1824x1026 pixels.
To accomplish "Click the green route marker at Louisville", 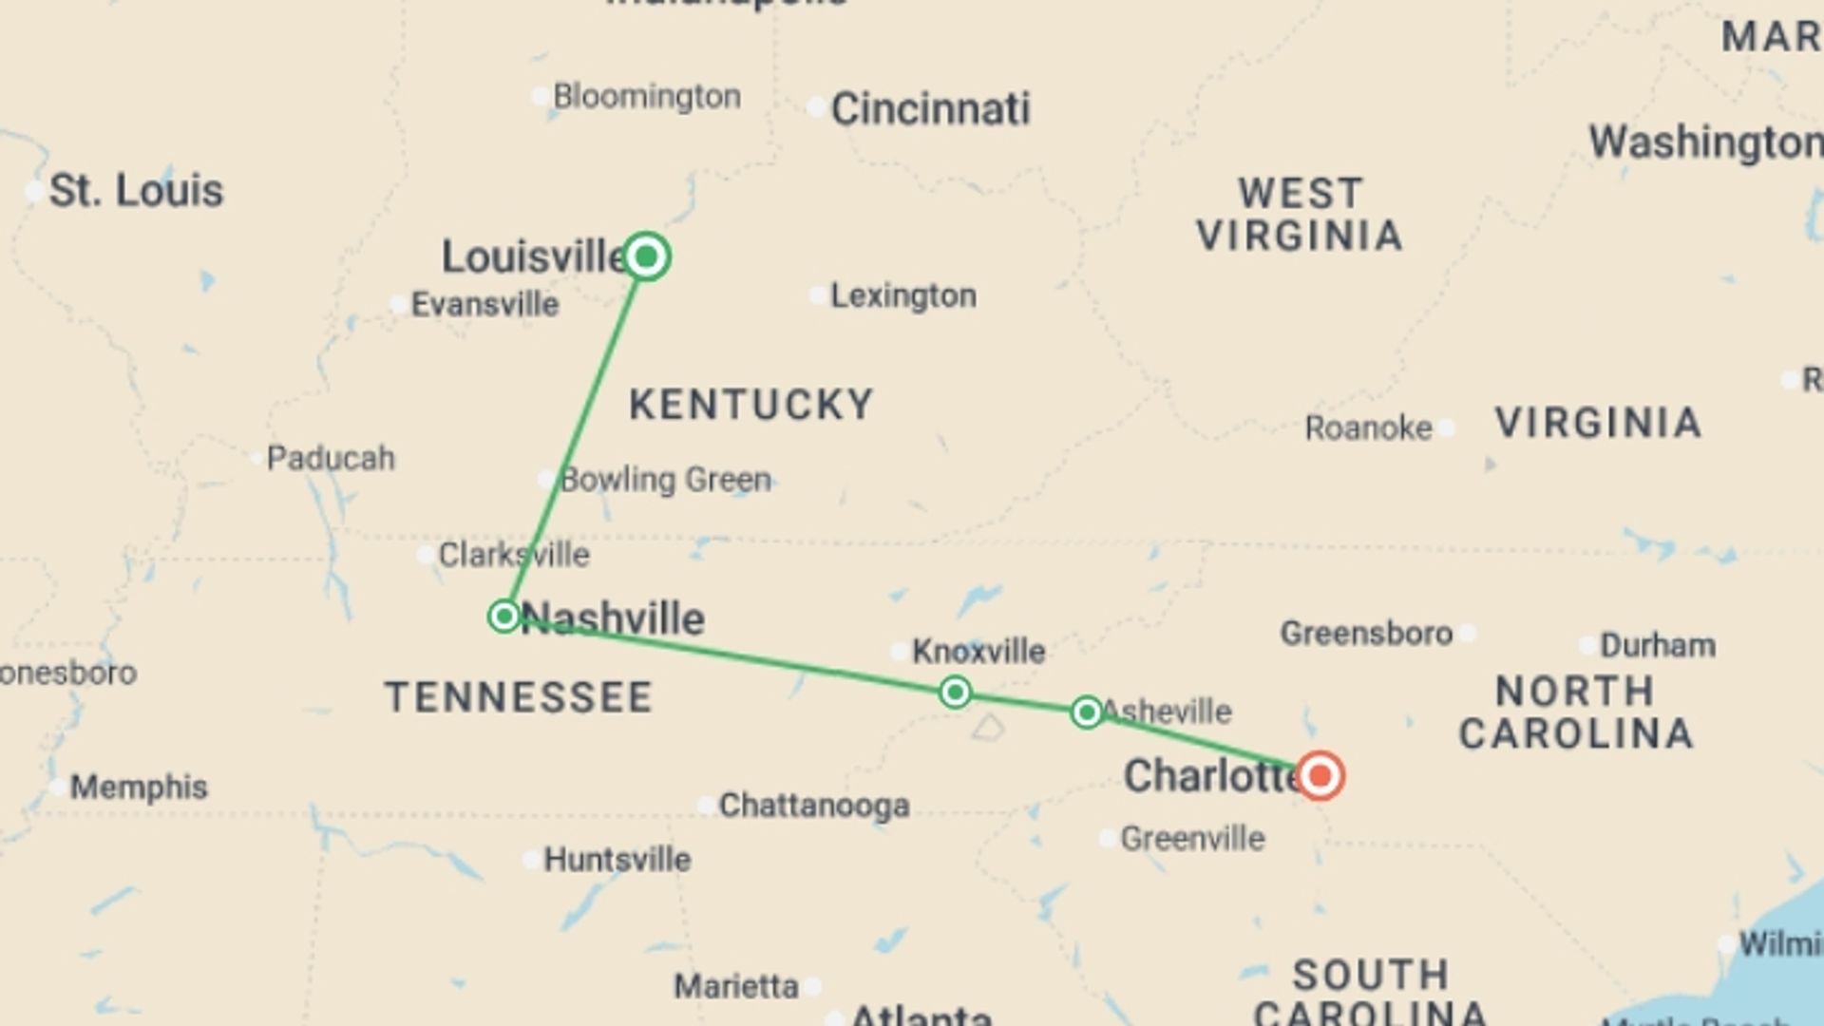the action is point(646,256).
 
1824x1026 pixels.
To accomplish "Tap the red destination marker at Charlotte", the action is point(1320,776).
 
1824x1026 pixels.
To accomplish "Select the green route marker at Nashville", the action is point(504,617).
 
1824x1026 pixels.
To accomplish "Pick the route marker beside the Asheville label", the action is point(1087,712).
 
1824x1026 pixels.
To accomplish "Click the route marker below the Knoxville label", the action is point(955,692).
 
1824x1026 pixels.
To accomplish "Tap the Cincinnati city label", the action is point(929,109).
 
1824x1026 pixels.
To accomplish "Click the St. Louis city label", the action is point(136,191).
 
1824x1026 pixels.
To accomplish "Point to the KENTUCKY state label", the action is point(750,405).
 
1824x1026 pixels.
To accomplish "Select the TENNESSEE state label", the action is point(519,697).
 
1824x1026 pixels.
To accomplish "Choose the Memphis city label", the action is point(139,788).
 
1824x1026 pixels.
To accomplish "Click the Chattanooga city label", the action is point(814,806).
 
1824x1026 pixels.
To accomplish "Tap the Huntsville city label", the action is point(617,860).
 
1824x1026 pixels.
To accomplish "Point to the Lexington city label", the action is point(902,296).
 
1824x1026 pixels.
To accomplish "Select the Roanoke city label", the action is point(1368,428).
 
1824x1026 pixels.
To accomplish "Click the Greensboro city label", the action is point(1366,634).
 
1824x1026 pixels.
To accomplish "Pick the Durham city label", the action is point(1658,646).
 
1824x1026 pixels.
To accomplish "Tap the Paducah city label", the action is point(330,459).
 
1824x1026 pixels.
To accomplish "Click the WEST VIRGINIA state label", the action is point(1300,215).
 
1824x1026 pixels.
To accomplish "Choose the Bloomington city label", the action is point(646,97).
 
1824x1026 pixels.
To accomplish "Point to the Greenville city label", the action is point(1192,839).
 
